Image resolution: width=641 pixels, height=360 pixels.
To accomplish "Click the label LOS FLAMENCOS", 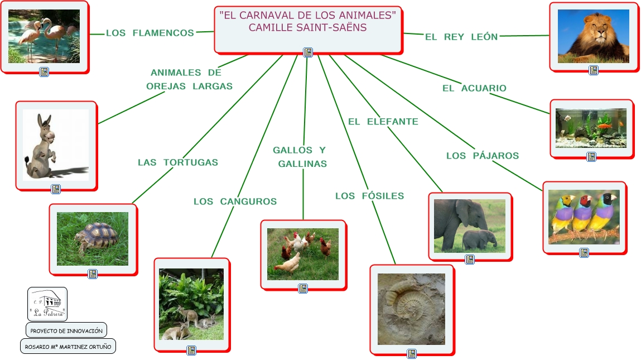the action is point(150,33).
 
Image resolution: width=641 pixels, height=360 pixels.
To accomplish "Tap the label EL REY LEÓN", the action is point(461,37).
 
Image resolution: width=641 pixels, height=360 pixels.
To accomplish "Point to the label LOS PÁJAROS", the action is point(483,156).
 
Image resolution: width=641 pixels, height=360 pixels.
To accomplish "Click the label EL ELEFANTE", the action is point(383,122).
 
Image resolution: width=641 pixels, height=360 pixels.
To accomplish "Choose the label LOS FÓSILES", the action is point(369,196).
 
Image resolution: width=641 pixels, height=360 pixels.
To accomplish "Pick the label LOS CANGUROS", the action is point(235,201).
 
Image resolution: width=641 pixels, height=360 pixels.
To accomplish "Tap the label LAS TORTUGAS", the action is point(177,162).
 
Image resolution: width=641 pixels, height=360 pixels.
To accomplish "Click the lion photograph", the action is point(593,36).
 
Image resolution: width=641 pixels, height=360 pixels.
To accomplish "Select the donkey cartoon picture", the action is point(55,145).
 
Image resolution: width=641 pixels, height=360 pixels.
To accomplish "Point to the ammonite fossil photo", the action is point(411,308).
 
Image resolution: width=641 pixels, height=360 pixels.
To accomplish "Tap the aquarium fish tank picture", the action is point(591,128).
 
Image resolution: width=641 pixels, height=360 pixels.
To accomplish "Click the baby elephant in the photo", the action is point(479,239).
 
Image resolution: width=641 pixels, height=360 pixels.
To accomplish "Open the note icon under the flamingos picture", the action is point(44,71).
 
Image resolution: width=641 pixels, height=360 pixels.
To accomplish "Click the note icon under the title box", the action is point(307,52).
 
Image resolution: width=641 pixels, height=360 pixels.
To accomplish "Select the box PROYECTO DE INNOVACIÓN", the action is point(66,330).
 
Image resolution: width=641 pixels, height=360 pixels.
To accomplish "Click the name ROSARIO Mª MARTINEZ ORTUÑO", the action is point(68,347).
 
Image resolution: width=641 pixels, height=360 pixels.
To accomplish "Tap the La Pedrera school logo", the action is point(47,304).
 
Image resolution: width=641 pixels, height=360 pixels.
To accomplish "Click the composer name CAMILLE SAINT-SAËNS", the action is point(307,27).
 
